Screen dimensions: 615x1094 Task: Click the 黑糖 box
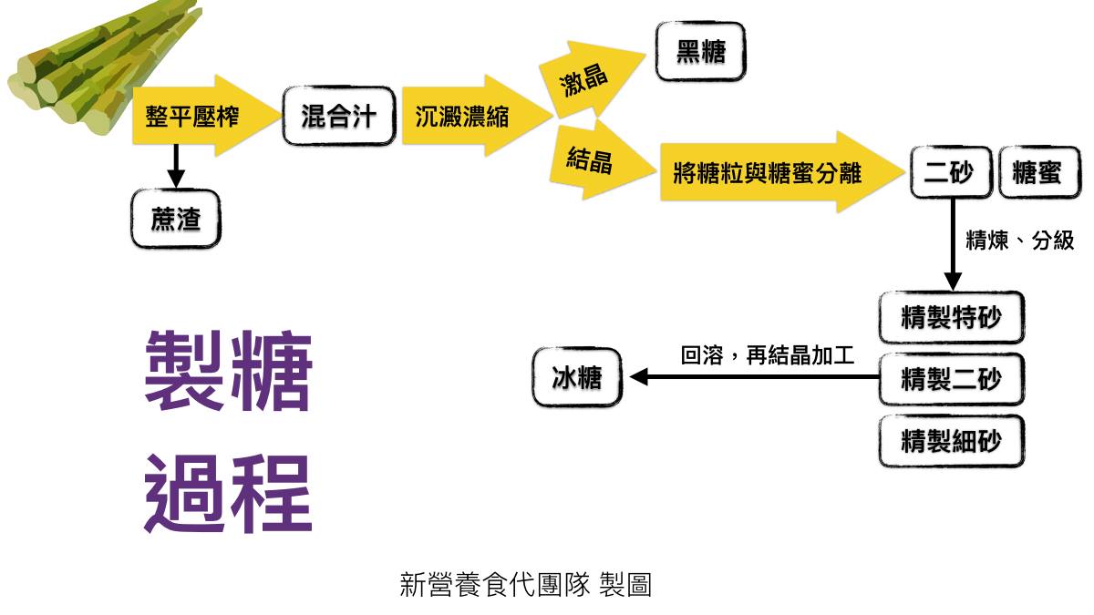(700, 52)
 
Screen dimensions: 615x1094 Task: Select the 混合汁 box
(338, 117)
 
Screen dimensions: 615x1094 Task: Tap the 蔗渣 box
(175, 219)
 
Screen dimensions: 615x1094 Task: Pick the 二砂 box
(950, 172)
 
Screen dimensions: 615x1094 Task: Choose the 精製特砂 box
(951, 318)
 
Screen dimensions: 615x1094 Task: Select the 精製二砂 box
(951, 378)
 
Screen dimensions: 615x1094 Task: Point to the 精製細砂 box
(951, 442)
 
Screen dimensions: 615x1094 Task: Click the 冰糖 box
(577, 376)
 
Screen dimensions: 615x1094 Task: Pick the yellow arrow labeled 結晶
(591, 162)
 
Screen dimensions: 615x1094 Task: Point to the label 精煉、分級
(1019, 241)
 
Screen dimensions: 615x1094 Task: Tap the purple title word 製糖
(229, 372)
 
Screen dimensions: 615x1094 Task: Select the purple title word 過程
(229, 494)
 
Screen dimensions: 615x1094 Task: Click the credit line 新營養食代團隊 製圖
(525, 584)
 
